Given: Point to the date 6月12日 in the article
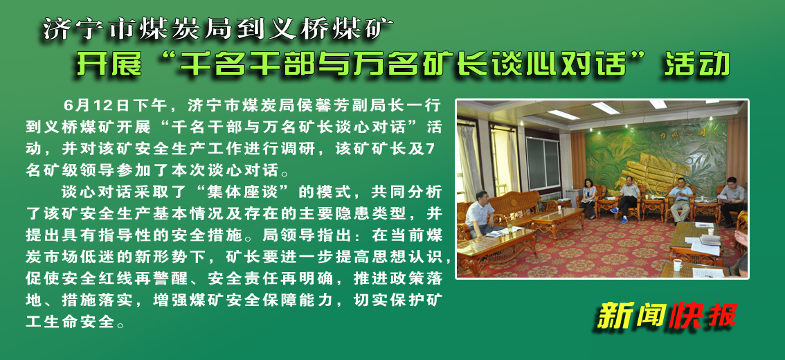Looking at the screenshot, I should (x=96, y=105).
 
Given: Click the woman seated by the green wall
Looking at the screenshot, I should (x=589, y=197).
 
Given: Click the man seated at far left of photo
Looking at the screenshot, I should (x=480, y=213).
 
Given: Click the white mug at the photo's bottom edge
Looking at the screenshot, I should (x=678, y=265).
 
